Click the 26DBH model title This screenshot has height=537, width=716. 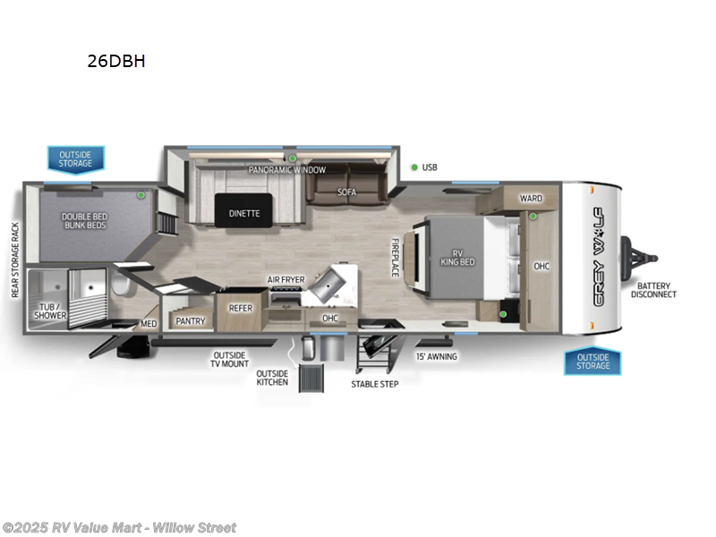(x=116, y=62)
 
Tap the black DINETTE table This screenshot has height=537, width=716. (x=243, y=213)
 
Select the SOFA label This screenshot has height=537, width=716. (x=347, y=192)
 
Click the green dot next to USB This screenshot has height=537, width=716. (x=414, y=167)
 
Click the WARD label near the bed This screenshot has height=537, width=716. (x=531, y=198)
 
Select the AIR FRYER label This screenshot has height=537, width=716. (x=286, y=279)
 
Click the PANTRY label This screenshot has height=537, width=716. (x=191, y=320)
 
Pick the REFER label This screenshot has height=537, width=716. (x=240, y=308)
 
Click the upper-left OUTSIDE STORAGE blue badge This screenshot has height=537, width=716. (x=76, y=158)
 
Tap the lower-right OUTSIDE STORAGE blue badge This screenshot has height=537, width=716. (x=592, y=362)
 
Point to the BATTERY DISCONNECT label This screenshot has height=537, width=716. (x=654, y=289)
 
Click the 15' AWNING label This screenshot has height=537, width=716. (x=437, y=356)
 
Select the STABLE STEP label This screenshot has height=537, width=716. (x=375, y=383)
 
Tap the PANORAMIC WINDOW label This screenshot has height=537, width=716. (x=287, y=169)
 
